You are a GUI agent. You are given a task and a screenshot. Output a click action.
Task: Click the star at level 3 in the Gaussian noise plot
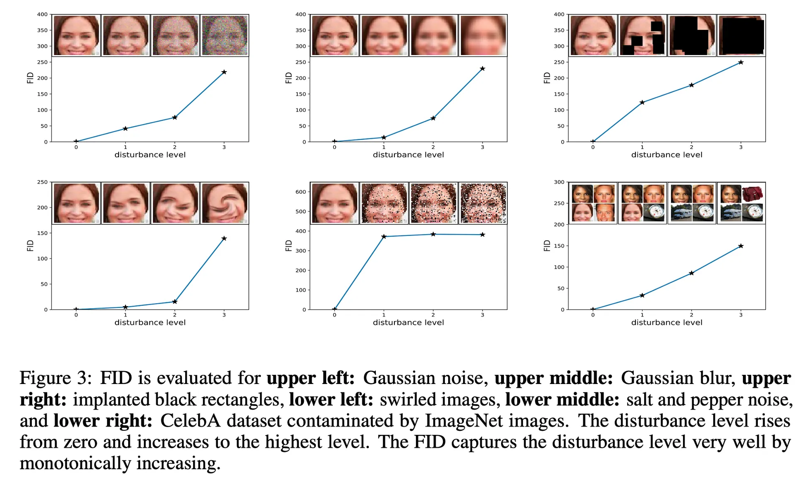tap(224, 72)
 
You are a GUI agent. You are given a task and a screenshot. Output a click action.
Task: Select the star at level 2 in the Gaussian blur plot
tap(433, 118)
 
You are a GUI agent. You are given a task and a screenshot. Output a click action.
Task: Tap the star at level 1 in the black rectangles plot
tap(642, 103)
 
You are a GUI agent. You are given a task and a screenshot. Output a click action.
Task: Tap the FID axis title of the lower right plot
tap(547, 246)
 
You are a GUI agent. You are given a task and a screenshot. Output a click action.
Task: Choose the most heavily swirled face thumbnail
tap(224, 203)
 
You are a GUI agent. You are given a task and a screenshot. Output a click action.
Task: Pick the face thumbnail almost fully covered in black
tap(741, 35)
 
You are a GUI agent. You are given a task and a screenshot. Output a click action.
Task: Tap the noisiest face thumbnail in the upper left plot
tap(224, 35)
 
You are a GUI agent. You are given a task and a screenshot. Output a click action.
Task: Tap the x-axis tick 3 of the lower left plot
tap(224, 315)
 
